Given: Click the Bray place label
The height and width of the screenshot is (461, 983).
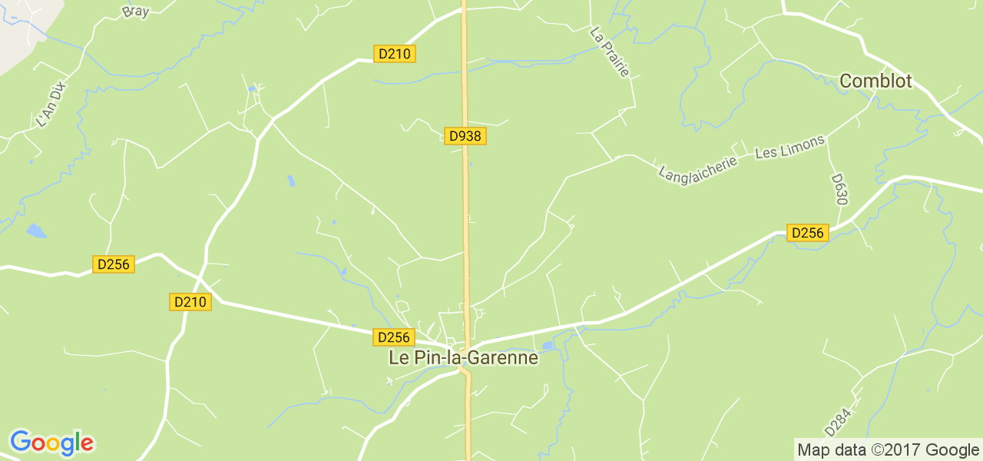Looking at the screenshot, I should click(x=135, y=12).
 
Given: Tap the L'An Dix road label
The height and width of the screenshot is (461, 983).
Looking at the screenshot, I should click(x=53, y=104).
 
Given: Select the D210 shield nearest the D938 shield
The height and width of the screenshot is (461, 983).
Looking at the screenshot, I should click(x=395, y=54).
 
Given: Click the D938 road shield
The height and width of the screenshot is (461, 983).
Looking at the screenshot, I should click(x=465, y=136).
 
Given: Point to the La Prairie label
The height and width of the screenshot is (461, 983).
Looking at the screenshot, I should click(x=610, y=51).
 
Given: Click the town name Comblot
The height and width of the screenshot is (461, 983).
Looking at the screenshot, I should click(x=875, y=81).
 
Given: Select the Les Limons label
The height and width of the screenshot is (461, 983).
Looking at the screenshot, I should click(x=789, y=148).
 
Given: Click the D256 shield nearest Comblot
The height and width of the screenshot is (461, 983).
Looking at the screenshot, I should click(x=808, y=233).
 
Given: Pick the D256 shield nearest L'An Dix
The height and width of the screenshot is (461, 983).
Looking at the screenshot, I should click(x=114, y=264).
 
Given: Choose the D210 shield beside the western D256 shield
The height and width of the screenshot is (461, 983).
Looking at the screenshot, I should click(x=190, y=302).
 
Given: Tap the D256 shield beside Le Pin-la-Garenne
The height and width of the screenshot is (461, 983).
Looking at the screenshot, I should click(x=394, y=337).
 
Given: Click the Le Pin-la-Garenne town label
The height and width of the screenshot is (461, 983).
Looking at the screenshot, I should click(x=463, y=357).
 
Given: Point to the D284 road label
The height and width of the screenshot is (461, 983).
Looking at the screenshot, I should click(x=839, y=422).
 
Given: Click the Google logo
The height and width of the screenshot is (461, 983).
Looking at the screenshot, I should click(x=51, y=443).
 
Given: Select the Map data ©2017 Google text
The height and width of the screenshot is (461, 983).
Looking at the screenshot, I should click(x=887, y=450).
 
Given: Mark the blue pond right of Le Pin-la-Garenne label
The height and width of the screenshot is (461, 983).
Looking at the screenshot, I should click(x=548, y=347).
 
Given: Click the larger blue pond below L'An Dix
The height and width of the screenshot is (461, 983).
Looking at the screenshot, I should click(x=36, y=230).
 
